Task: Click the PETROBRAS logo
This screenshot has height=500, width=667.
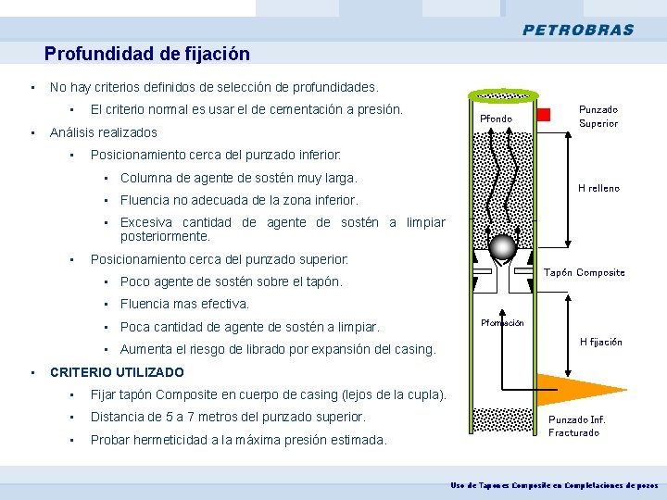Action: tap(578, 30)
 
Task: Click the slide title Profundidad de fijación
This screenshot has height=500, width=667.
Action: tap(147, 55)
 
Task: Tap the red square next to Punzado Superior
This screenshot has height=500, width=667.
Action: tap(544, 115)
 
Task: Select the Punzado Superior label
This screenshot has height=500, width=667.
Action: tap(598, 116)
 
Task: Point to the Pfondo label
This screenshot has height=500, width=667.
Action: tap(496, 119)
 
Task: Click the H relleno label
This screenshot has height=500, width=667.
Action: tap(598, 188)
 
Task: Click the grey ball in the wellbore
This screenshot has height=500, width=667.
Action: tap(503, 247)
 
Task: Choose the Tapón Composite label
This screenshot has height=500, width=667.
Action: tap(584, 272)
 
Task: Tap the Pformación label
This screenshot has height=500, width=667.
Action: tap(502, 323)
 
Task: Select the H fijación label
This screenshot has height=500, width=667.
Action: tap(600, 342)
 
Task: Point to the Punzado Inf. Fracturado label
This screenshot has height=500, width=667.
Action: tap(575, 426)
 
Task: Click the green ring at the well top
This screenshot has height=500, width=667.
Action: tap(504, 96)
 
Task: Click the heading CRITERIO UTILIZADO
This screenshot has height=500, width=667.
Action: tap(117, 372)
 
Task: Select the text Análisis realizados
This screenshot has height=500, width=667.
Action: tap(104, 132)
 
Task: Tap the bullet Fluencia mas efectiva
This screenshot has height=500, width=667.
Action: tap(185, 304)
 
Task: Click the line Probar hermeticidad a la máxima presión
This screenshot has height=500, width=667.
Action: tap(238, 440)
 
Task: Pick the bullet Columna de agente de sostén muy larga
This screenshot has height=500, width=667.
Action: tap(238, 178)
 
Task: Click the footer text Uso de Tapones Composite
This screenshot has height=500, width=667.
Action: tap(553, 485)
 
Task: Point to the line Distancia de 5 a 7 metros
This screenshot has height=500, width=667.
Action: tap(228, 417)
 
